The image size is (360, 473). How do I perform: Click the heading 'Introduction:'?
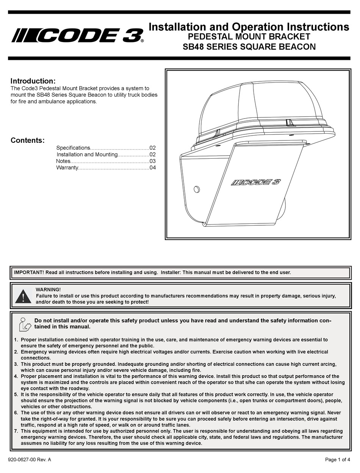click(x=33, y=81)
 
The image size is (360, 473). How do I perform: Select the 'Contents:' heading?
click(x=27, y=140)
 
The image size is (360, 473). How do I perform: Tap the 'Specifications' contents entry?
click(x=73, y=148)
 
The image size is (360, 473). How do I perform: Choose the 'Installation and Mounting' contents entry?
click(x=87, y=155)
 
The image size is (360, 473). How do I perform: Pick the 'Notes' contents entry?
click(x=63, y=161)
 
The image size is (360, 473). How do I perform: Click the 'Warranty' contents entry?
click(x=67, y=167)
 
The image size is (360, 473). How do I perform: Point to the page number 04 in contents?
click(x=152, y=167)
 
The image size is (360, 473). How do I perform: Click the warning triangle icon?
click(x=23, y=296)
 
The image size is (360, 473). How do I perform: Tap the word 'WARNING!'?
click(x=48, y=290)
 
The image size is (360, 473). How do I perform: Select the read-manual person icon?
click(x=24, y=324)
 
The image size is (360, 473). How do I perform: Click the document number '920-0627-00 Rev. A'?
click(x=30, y=460)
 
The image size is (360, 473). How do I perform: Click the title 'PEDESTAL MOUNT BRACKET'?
click(x=249, y=37)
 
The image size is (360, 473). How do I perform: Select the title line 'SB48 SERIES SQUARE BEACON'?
click(x=249, y=47)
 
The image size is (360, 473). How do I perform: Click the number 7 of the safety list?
click(x=16, y=431)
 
